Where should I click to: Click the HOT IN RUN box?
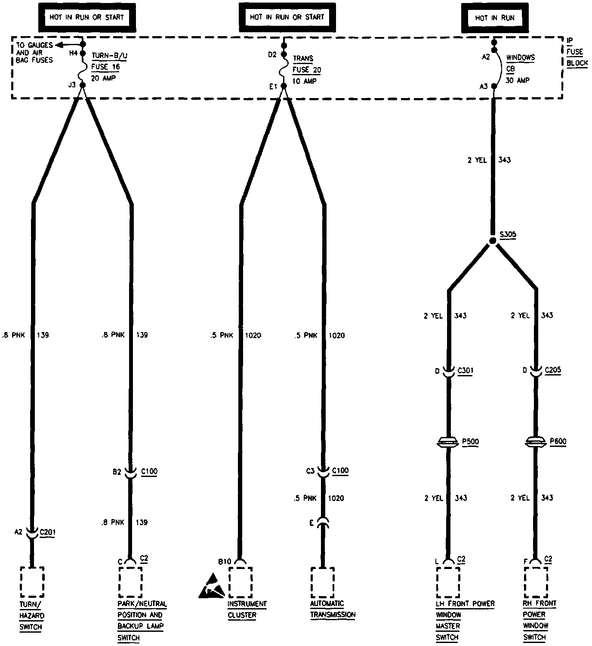tap(494, 18)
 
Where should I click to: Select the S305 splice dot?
tap(493, 241)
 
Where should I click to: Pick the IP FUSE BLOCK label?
tap(577, 52)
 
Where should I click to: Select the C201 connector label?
tap(47, 532)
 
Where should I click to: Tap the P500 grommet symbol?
tap(448, 442)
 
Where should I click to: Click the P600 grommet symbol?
tap(536, 442)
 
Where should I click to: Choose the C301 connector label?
tap(465, 370)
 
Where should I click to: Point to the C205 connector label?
tap(552, 370)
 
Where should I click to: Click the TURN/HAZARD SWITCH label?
tap(32, 615)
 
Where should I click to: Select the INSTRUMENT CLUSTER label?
tap(247, 609)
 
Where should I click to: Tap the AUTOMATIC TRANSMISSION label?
tap(333, 609)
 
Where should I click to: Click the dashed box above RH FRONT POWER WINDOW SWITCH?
tap(536, 582)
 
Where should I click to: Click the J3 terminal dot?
tap(83, 85)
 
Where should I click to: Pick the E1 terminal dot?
tap(284, 86)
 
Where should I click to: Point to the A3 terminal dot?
tap(494, 86)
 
